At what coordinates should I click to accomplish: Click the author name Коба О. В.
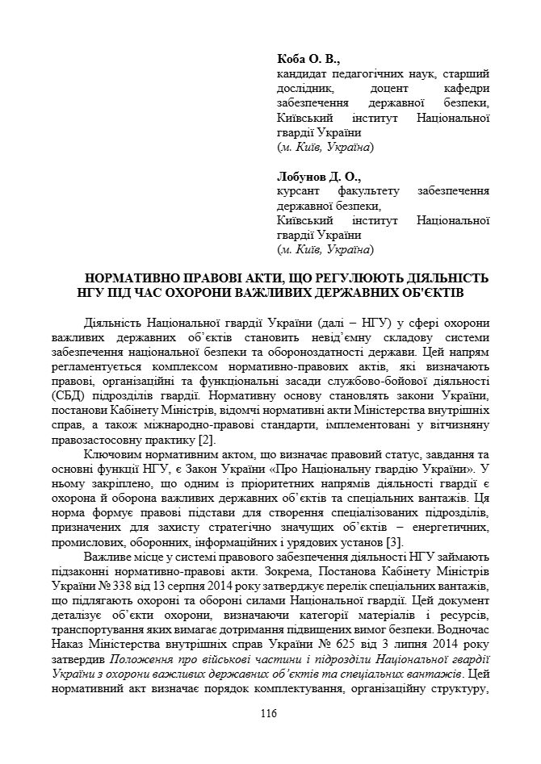pos(308,59)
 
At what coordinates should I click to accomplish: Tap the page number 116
pos(269,712)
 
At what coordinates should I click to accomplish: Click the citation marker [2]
pos(206,439)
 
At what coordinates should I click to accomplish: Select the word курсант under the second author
pos(299,190)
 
